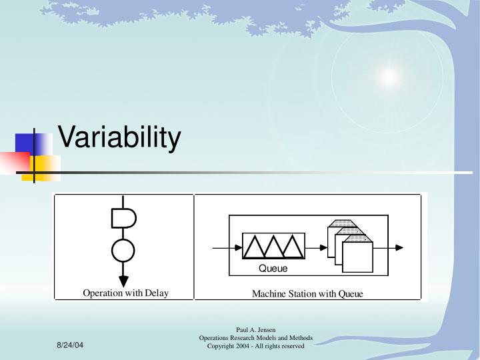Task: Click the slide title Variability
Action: pos(119,138)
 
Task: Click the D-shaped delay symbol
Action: pos(123,217)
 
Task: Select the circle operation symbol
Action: pos(123,250)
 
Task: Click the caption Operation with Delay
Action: pos(125,293)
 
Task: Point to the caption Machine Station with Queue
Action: pos(307,294)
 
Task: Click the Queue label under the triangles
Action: pos(273,269)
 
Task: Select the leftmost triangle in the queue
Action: pos(255,247)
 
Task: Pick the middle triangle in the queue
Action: pos(274,247)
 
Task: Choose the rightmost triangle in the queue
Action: pos(293,247)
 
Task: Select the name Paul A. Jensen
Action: pos(256,330)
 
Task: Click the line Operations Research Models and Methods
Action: pos(256,338)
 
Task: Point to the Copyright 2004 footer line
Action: pos(256,346)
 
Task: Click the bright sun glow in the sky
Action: pos(388,77)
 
